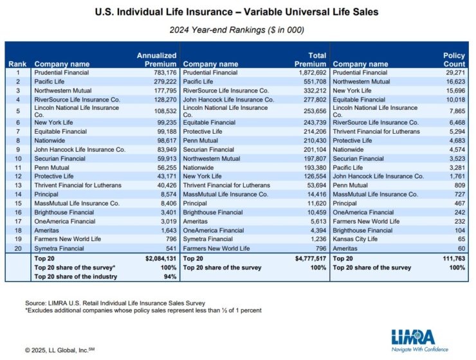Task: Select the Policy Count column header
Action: (x=454, y=60)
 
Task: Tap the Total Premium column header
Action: (x=309, y=60)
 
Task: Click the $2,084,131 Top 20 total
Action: (x=158, y=258)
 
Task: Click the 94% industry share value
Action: (x=170, y=276)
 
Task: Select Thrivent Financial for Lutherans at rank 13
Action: (x=78, y=185)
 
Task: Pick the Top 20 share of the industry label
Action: (x=77, y=276)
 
